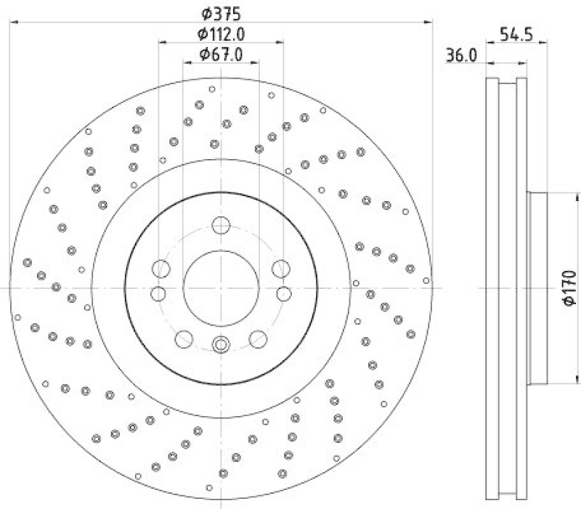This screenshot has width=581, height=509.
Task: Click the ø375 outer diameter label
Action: [221, 13]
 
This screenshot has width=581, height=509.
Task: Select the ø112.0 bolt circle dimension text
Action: [221, 33]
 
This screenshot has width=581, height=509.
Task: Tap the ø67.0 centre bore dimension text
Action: [221, 54]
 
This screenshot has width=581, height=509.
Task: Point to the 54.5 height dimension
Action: [516, 33]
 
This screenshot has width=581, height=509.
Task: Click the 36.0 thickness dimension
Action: [461, 55]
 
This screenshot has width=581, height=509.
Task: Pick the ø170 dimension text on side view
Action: [568, 288]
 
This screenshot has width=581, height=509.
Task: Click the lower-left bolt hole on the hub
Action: [184, 338]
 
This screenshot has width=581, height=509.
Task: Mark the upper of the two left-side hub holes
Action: [161, 270]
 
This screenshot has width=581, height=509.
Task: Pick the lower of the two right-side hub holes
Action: [283, 293]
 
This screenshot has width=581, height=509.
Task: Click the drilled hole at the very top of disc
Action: [212, 90]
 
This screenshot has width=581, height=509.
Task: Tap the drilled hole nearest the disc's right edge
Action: [426, 280]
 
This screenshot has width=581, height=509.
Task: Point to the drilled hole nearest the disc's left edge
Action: [17, 317]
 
